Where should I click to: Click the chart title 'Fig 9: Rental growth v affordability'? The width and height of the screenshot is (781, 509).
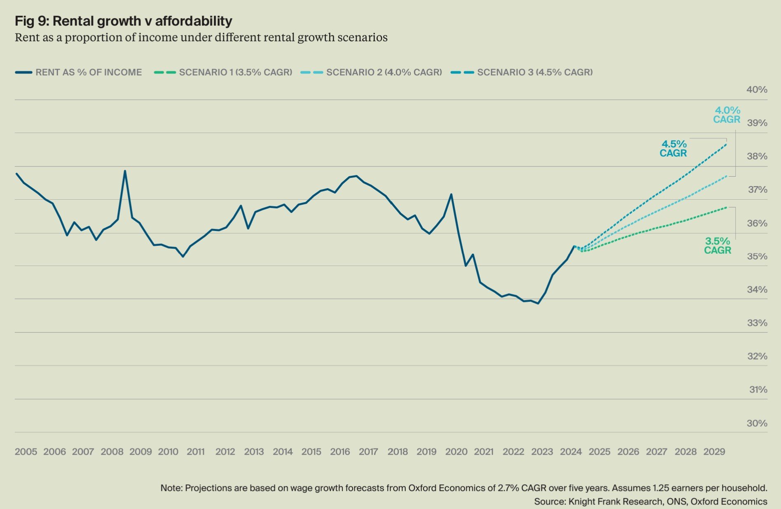pos(123,21)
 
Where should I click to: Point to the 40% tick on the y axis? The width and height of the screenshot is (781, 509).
pos(757,90)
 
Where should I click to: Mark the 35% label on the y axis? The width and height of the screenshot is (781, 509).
pos(757,257)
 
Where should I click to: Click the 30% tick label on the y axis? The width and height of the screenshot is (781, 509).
pos(757,423)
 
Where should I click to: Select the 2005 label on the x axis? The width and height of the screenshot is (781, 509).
pos(26,452)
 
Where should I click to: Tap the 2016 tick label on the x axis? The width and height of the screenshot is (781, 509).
pos(340,452)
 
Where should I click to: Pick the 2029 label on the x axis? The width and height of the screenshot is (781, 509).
pos(714,452)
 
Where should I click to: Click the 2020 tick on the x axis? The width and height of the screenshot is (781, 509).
pos(456,452)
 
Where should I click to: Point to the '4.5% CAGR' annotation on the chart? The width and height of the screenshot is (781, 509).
pos(673,149)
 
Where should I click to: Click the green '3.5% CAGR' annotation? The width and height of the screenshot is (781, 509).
pos(717,246)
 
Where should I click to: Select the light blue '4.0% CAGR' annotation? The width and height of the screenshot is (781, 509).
pos(727,115)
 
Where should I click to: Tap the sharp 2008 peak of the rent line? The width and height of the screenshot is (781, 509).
pos(125,171)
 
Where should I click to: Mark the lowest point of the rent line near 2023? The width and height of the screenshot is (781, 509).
pos(538,304)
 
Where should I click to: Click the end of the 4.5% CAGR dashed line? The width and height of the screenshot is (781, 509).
pos(726,144)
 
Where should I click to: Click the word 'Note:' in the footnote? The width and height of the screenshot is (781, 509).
pos(171,488)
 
